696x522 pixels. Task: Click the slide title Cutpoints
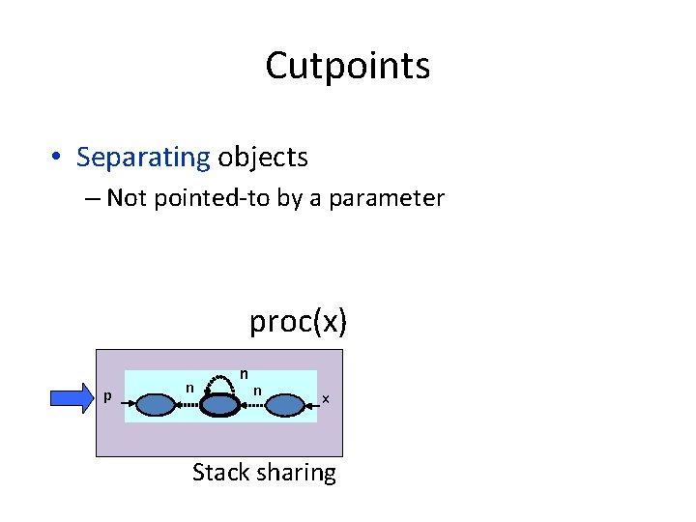click(x=347, y=66)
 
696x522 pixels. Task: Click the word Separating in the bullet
click(x=143, y=157)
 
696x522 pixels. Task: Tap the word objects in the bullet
click(x=263, y=157)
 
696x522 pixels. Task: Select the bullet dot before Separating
click(x=59, y=158)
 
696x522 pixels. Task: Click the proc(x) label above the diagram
click(x=298, y=320)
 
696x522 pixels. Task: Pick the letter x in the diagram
click(x=326, y=398)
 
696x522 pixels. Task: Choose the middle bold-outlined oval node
click(x=219, y=405)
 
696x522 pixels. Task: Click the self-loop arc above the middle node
click(x=220, y=380)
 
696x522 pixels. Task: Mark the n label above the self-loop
click(x=245, y=372)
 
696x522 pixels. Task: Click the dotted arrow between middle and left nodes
click(x=188, y=407)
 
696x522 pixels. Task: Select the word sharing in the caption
click(x=297, y=473)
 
